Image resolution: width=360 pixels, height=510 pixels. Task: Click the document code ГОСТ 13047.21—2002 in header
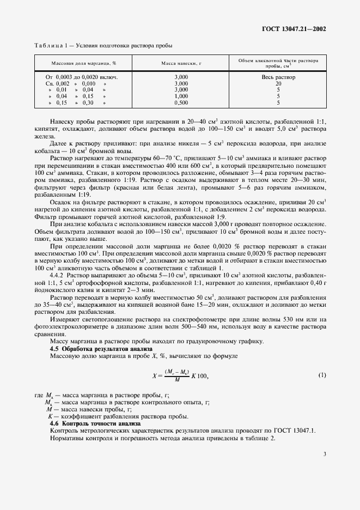(x=294, y=29)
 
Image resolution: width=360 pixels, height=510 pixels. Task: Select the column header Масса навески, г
(x=181, y=63)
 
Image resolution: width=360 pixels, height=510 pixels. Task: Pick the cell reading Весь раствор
(x=278, y=77)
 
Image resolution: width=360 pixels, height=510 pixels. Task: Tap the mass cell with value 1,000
(x=181, y=95)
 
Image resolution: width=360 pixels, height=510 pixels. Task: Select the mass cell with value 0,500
(x=181, y=102)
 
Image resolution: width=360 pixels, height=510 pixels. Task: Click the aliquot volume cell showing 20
(x=278, y=83)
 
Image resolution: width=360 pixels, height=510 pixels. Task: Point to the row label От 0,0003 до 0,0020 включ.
(x=82, y=77)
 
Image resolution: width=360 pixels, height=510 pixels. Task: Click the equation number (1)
(x=322, y=375)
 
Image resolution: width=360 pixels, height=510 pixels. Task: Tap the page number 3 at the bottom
(x=324, y=453)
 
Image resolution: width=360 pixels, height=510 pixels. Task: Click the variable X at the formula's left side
(x=154, y=376)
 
